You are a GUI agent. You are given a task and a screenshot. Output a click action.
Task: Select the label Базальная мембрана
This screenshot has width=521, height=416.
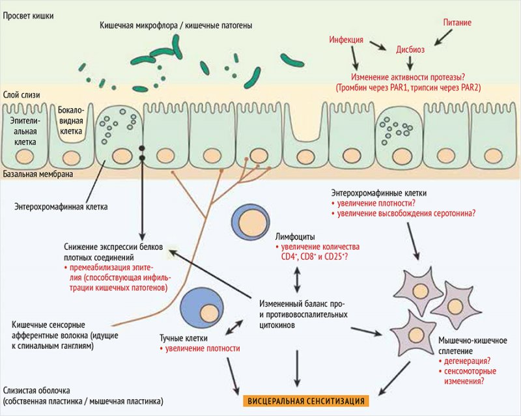tap(38, 174)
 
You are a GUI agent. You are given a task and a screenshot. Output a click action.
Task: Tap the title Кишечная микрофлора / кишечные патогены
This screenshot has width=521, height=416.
tap(176, 25)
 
